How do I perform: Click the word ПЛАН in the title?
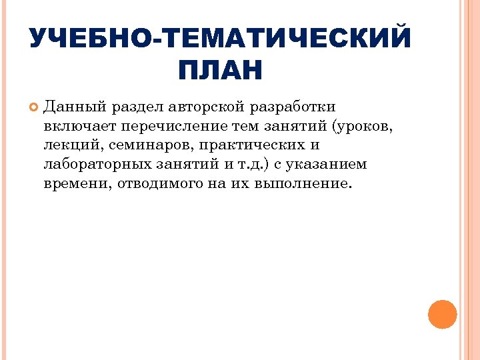pyautogui.click(x=220, y=70)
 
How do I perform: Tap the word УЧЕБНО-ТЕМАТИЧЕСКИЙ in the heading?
pyautogui.click(x=220, y=37)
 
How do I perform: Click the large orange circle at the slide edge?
pyautogui.click(x=442, y=315)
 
